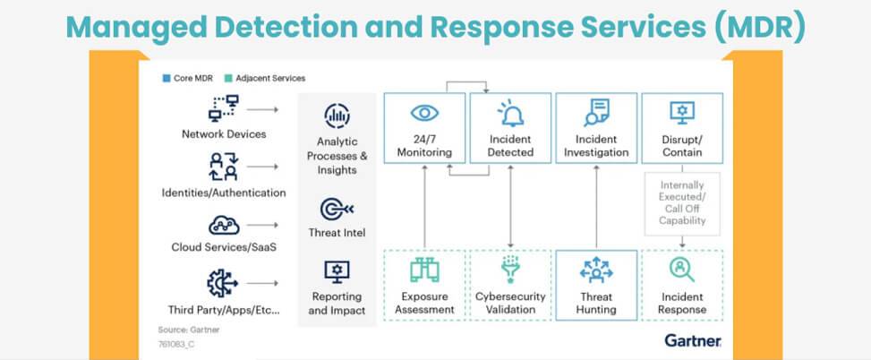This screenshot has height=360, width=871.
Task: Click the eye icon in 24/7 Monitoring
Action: pos(424,114)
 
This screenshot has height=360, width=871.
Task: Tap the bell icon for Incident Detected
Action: pos(510,114)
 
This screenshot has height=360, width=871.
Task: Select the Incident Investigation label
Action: pos(596,145)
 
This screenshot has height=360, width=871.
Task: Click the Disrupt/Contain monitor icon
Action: pos(683,112)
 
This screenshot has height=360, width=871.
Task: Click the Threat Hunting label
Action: pos(596,304)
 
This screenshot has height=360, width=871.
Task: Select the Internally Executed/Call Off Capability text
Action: pos(682,203)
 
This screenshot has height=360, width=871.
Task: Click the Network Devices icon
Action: pos(222,108)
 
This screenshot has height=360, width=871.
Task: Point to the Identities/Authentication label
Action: pos(222,193)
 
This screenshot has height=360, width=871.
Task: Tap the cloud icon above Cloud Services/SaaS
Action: pos(222,225)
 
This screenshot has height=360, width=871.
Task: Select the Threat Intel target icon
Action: pos(337,210)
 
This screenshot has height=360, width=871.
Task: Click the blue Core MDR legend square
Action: pos(167,78)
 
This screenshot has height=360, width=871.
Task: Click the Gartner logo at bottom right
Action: pos(693,340)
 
